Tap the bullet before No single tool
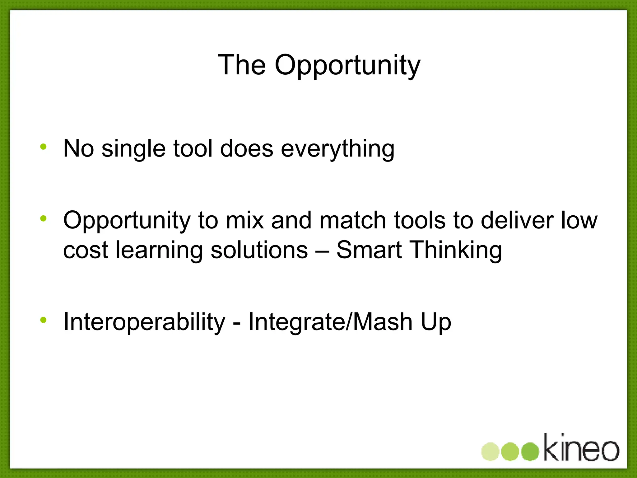coord(43,147)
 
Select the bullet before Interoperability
coord(43,320)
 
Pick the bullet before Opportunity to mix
coord(43,218)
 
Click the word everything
coord(337,149)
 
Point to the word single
coord(133,149)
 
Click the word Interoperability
coord(144,322)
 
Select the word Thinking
coord(456,250)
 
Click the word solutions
coord(259,250)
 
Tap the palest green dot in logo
coord(491,452)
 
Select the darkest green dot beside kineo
coord(530,452)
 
